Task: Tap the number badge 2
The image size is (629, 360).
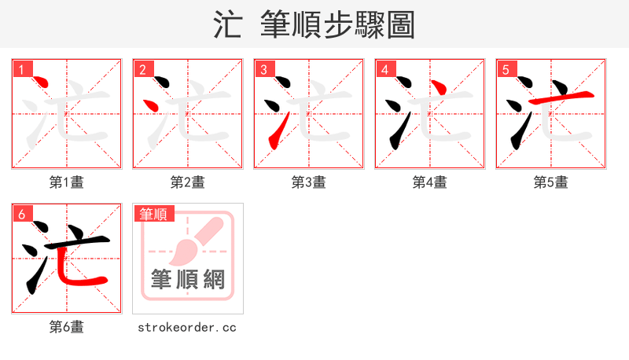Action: tap(142, 69)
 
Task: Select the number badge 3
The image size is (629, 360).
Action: tap(263, 69)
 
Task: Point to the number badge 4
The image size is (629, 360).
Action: tap(384, 69)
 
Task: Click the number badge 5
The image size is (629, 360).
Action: tap(506, 69)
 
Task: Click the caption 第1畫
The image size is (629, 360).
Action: tap(67, 182)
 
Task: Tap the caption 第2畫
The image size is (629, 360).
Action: tap(188, 182)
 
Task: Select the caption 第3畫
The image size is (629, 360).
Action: tap(309, 182)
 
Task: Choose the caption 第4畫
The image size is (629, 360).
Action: tap(430, 182)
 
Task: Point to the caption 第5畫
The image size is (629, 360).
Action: tap(551, 182)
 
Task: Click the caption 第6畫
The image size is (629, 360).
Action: tap(67, 327)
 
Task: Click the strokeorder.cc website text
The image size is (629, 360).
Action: tap(187, 327)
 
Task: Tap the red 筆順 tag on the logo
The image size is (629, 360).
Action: tap(153, 214)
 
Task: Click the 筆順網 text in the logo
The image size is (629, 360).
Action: tap(188, 280)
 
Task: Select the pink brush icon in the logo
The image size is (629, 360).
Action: tap(192, 241)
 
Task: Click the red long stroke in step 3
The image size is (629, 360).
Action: tap(274, 130)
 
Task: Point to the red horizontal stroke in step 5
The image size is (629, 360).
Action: tap(559, 97)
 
